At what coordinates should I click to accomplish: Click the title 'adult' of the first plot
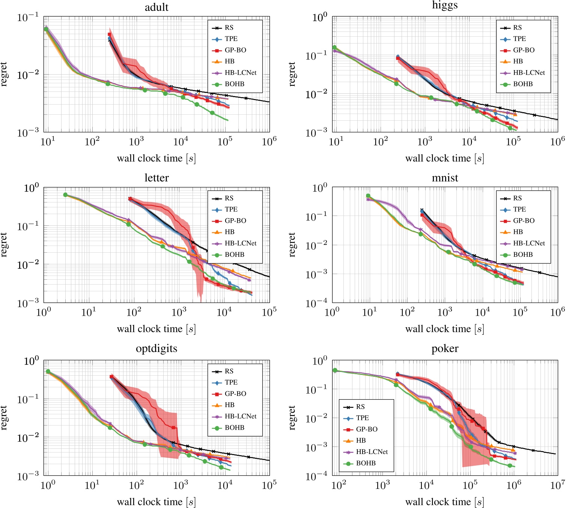[157, 7]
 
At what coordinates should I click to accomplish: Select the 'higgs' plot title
[445, 5]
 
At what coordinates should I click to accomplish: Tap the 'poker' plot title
[445, 349]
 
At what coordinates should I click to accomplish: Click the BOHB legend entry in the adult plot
[234, 84]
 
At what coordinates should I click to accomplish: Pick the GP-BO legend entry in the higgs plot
[523, 50]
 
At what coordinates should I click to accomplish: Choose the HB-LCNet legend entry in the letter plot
[240, 243]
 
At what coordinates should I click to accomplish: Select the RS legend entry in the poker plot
[360, 407]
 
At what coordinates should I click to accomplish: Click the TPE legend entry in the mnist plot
[519, 209]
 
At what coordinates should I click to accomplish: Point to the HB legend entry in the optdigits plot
[229, 405]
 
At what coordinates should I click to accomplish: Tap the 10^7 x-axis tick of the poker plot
[557, 485]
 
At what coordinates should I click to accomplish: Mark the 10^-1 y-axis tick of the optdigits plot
[28, 399]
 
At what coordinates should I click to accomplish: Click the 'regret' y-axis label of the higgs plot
[292, 74]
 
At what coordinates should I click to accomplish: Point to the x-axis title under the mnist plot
[445, 329]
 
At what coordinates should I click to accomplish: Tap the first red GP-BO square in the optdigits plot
[111, 377]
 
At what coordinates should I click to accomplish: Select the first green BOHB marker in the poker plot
[335, 370]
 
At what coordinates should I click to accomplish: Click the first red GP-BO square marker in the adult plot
[109, 34]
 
